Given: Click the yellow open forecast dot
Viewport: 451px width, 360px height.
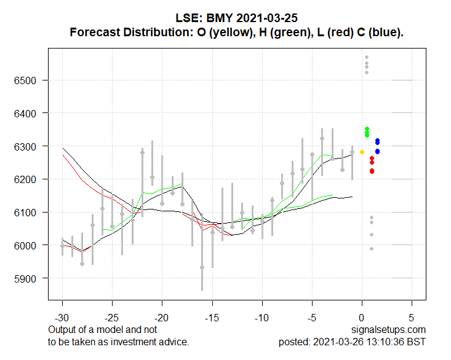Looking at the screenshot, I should pyautogui.click(x=362, y=152).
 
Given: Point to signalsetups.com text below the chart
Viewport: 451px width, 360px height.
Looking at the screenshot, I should pyautogui.click(x=389, y=330).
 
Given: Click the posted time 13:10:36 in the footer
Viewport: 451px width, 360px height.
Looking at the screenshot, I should pyautogui.click(x=385, y=342).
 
